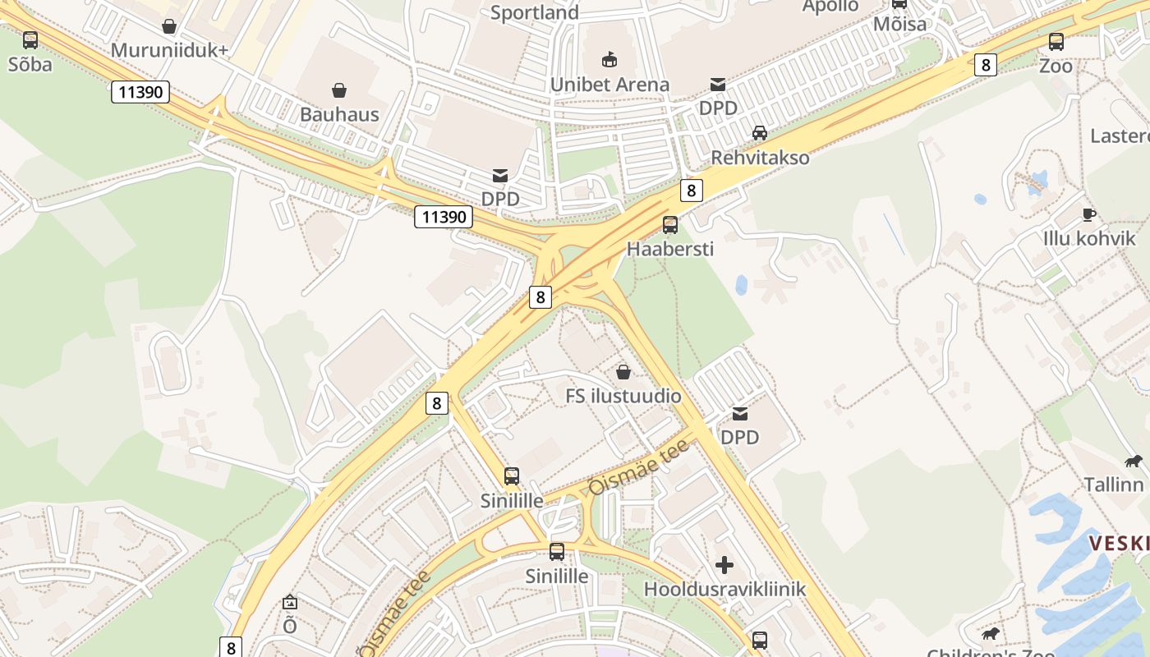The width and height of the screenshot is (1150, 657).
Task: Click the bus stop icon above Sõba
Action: coord(30,39)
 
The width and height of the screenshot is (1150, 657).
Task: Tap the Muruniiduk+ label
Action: coord(169,50)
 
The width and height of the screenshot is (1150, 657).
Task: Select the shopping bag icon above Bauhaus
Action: coord(338,90)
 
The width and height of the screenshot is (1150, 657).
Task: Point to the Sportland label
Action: coord(535,12)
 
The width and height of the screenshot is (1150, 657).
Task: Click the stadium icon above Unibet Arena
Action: coord(609,59)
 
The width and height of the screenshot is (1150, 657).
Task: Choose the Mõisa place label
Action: coord(899,24)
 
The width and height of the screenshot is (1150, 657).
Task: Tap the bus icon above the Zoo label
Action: coord(1056,41)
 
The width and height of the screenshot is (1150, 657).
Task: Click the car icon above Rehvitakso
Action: coord(760,132)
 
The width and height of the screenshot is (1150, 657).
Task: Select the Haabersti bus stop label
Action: coord(670,248)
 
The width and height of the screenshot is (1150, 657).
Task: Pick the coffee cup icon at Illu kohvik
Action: coord(1089,214)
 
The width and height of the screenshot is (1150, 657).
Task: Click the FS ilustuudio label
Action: coord(623,396)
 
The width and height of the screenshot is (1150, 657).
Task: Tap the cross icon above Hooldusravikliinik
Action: coord(724,564)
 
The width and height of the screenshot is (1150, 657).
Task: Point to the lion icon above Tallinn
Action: coord(1134,462)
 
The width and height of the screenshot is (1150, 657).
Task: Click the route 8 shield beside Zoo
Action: coord(986,65)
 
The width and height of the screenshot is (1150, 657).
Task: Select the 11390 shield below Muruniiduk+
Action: coord(140,91)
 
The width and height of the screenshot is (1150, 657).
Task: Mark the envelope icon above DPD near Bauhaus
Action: coord(499,174)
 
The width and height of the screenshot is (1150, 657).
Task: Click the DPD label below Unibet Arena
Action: coord(718,108)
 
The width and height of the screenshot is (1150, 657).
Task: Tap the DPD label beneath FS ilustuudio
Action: coord(739,437)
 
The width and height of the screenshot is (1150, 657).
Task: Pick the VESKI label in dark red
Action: coord(1119,543)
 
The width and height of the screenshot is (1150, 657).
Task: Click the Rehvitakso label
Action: coord(760,157)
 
